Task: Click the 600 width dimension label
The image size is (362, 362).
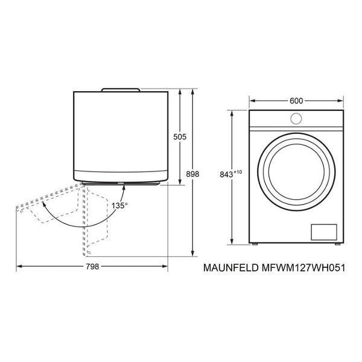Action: (x=296, y=101)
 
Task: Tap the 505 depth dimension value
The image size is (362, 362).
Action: (x=180, y=137)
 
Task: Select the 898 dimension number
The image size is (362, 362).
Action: (x=192, y=174)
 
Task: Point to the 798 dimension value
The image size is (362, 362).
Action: (x=92, y=267)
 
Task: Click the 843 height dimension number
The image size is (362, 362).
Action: (x=226, y=175)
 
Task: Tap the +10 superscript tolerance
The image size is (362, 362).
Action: (x=238, y=172)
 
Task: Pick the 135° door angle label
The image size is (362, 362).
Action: (x=119, y=206)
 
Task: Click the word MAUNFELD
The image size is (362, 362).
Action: (x=231, y=268)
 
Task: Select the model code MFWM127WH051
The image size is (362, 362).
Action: (x=303, y=268)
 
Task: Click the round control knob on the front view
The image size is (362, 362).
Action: (x=296, y=118)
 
